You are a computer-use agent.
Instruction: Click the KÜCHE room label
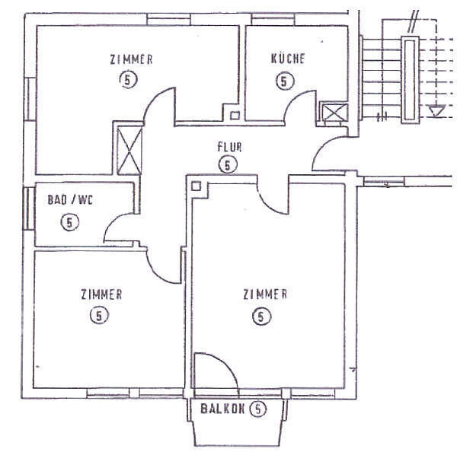tap(289, 59)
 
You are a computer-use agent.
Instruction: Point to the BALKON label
tap(223, 409)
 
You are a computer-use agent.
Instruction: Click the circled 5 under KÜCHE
tap(286, 80)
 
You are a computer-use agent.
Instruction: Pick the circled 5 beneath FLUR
tap(227, 164)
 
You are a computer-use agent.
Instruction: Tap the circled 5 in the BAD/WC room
tap(69, 222)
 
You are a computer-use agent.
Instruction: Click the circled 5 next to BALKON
tap(259, 409)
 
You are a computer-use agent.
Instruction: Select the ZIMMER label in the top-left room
tap(132, 59)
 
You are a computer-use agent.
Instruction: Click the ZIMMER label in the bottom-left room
tap(101, 294)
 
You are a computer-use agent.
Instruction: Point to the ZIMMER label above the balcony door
tap(264, 294)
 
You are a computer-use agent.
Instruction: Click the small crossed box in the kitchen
tap(333, 114)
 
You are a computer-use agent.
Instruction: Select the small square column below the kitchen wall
tap(235, 116)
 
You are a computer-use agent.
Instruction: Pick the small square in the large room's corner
tap(197, 186)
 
